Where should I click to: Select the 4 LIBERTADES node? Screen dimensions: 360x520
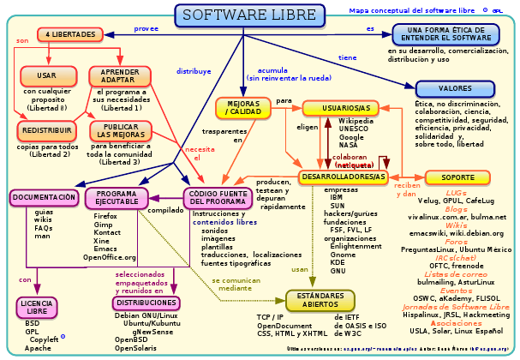[x=71, y=34]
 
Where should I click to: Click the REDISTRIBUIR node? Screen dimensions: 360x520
[x=46, y=130]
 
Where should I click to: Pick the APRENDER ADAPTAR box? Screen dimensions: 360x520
[x=117, y=75]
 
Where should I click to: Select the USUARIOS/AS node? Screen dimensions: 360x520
[x=341, y=107]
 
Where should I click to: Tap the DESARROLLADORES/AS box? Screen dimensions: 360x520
[x=343, y=177]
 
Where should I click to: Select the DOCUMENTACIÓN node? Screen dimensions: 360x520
[x=45, y=198]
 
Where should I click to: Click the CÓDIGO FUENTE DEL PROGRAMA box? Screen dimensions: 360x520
[x=219, y=198]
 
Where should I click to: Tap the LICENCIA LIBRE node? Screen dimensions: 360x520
[x=36, y=308]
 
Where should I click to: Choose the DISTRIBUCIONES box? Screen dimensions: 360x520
[x=146, y=303]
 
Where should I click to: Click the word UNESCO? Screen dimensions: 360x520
[x=354, y=129]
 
